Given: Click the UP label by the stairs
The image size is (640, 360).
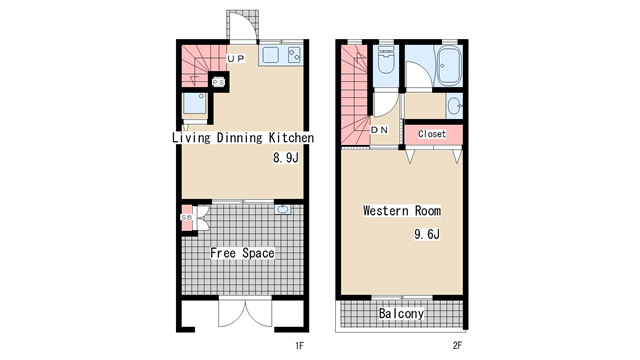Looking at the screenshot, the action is pyautogui.click(x=236, y=59).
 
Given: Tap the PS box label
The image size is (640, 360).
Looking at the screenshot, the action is pyautogui.click(x=218, y=82).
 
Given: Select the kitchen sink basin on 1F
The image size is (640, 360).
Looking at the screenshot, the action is pyautogui.click(x=270, y=55).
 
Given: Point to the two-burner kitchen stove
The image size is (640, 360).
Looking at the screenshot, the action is pyautogui.click(x=294, y=55).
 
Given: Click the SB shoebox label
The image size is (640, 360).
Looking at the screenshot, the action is pyautogui.click(x=187, y=218).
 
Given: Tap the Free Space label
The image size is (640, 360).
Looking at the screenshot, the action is pyautogui.click(x=242, y=253).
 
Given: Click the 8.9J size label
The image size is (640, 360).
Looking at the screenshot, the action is pyautogui.click(x=286, y=158).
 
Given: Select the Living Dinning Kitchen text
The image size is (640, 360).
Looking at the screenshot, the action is pyautogui.click(x=243, y=138).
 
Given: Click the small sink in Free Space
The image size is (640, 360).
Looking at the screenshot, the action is pyautogui.click(x=282, y=209).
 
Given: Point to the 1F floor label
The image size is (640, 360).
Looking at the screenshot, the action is pyautogui.click(x=299, y=346).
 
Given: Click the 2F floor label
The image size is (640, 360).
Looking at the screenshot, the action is pyautogui.click(x=457, y=346).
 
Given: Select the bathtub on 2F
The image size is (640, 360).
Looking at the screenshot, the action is pyautogui.click(x=449, y=66).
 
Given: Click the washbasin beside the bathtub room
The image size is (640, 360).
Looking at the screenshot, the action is pyautogui.click(x=454, y=106).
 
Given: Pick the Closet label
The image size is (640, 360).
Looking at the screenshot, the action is pyautogui.click(x=432, y=134).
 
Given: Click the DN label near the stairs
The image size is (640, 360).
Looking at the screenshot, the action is pyautogui.click(x=379, y=130).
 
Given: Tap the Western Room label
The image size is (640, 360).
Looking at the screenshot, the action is pyautogui.click(x=402, y=211).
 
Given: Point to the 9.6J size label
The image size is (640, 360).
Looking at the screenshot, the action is pyautogui.click(x=427, y=234).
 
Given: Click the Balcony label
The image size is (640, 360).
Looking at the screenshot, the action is pyautogui.click(x=401, y=313).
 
